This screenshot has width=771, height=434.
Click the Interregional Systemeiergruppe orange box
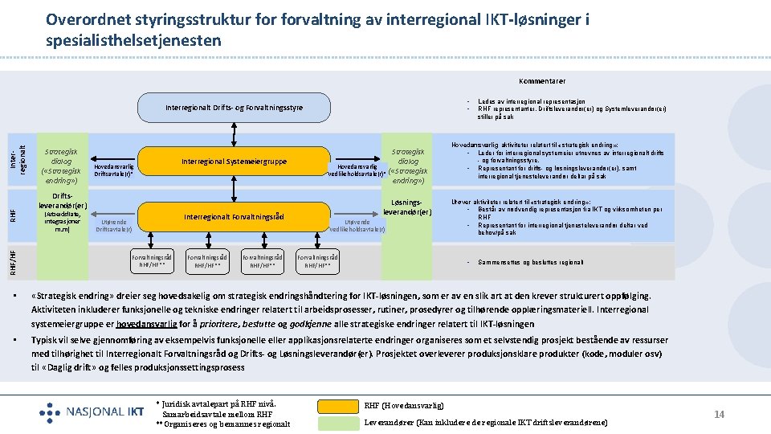click(x=234, y=162)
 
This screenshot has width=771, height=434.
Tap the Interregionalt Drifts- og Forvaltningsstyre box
click(x=234, y=107)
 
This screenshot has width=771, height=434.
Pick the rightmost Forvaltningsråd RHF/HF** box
click(x=317, y=260)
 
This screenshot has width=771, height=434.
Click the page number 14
click(x=720, y=414)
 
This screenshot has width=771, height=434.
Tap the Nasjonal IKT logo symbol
click(x=50, y=412)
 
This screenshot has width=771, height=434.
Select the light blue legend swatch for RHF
click(x=338, y=405)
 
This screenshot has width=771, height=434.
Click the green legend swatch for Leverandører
click(x=338, y=423)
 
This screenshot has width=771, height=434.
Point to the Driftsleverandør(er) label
click(x=63, y=200)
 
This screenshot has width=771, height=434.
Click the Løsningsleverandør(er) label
click(x=408, y=207)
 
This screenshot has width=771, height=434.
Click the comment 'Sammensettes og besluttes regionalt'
click(x=530, y=262)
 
